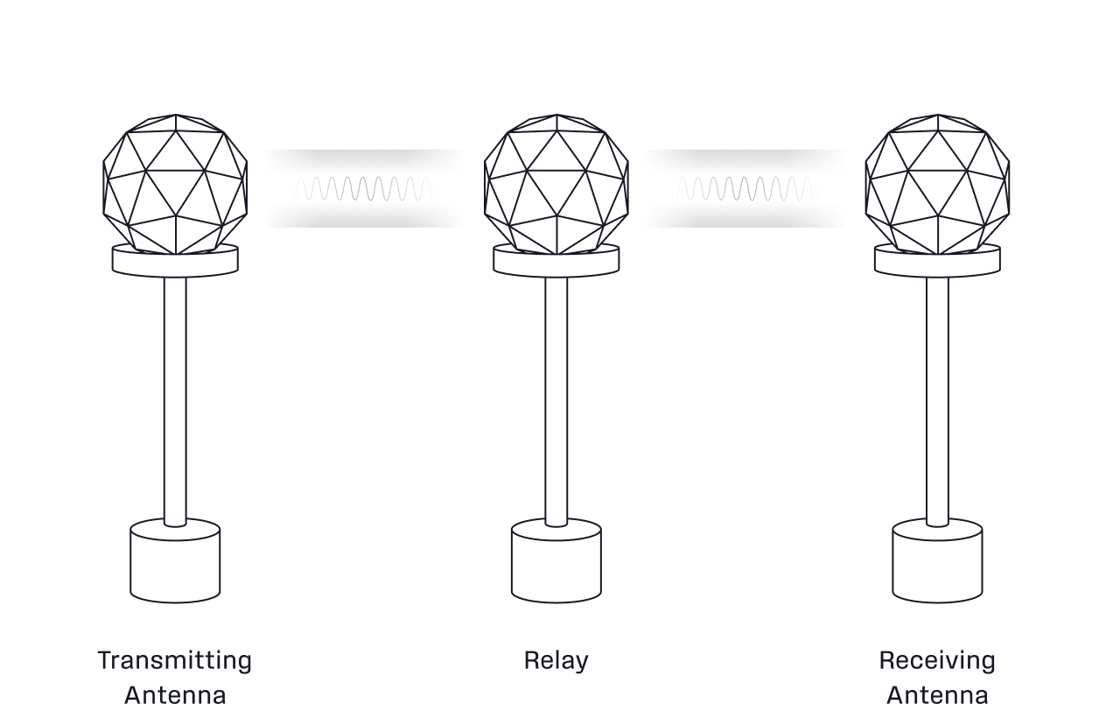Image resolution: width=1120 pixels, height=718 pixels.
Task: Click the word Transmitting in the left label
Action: pyautogui.click(x=172, y=660)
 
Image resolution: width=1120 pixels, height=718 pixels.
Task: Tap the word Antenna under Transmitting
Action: pyautogui.click(x=175, y=695)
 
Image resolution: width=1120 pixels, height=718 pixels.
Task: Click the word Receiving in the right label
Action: pyautogui.click(x=937, y=660)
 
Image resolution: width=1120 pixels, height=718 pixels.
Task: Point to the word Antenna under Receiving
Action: pyautogui.click(x=937, y=695)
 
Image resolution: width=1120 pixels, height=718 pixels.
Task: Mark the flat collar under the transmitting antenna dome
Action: pyautogui.click(x=174, y=262)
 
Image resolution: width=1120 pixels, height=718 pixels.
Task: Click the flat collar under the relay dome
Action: pyautogui.click(x=556, y=262)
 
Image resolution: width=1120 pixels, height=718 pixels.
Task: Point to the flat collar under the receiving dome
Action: pyautogui.click(x=935, y=262)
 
